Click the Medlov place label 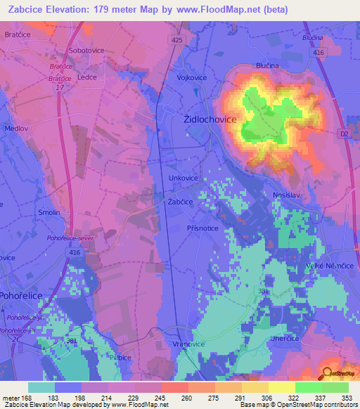[16, 129]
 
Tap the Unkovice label [184, 178]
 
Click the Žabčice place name [180, 202]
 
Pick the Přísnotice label [202, 228]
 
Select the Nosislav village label [287, 195]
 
